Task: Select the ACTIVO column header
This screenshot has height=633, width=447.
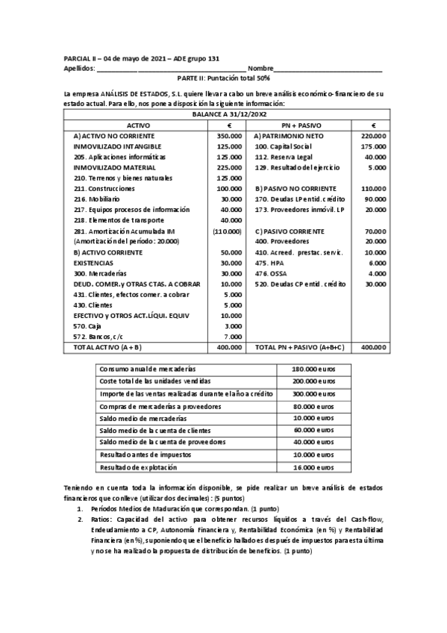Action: tap(138, 126)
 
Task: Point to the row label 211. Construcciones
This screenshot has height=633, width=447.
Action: tap(104, 189)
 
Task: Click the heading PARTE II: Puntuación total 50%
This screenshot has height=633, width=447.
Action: tap(223, 77)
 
